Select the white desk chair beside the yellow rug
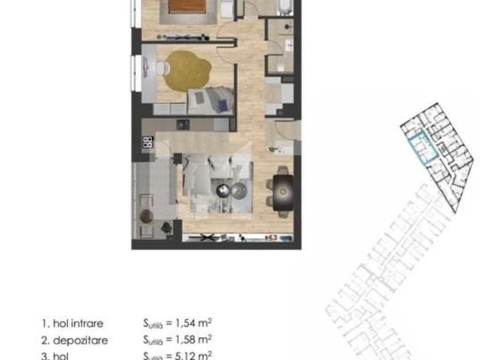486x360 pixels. click(159, 72)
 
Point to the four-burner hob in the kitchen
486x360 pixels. click(146, 143)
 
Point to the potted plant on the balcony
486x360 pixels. click(167, 227)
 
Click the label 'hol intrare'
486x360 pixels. click(76, 321)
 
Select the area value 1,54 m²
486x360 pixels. click(191, 321)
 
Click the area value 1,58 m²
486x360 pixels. click(191, 339)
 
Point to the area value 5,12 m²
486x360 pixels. click(191, 355)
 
